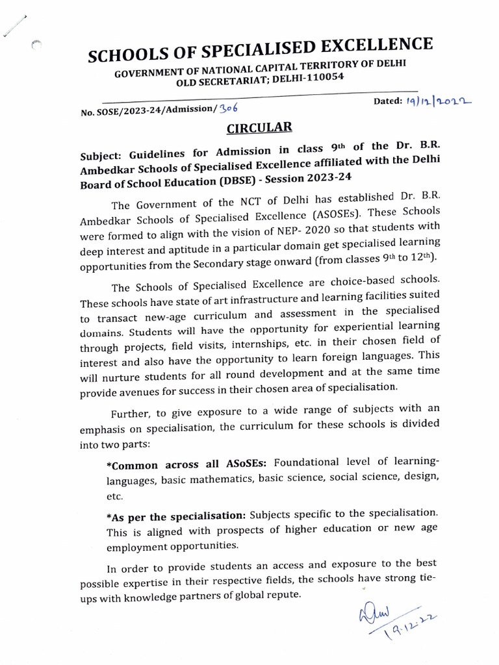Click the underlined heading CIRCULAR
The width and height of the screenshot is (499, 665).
(x=250, y=126)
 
